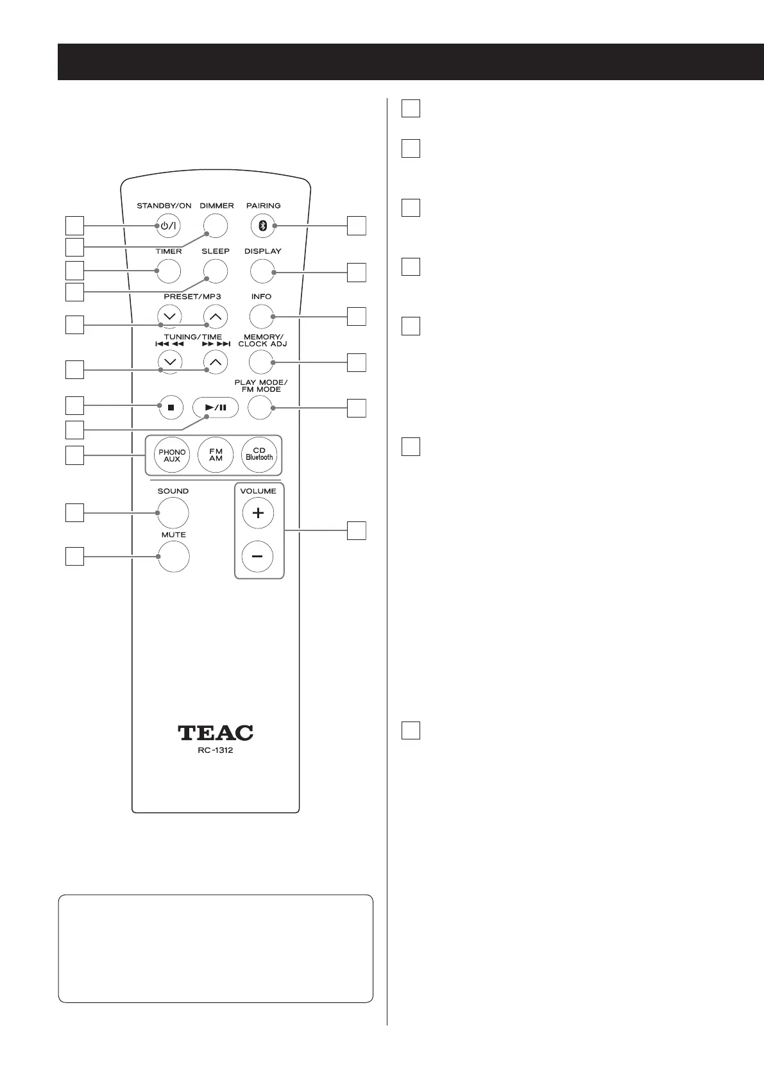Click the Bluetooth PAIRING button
pos(262,225)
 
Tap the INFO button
pos(262,316)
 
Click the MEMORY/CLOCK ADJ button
pos(260,362)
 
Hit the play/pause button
pos(216,407)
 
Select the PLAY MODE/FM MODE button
pos(260,407)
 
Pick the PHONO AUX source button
pos(172,456)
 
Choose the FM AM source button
pos(216,456)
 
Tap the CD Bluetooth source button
pos(259,456)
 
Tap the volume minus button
pos(258,557)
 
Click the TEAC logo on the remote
pos(216,732)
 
